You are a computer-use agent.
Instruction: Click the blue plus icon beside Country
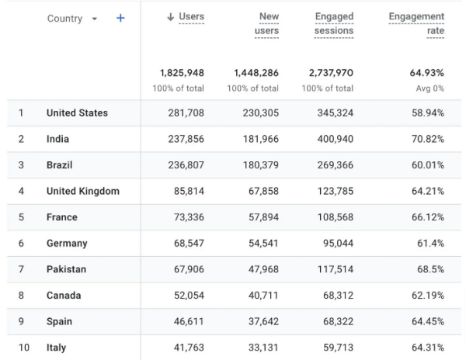(120, 18)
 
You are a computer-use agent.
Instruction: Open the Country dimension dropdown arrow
(96, 19)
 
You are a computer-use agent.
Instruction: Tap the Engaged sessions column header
(336, 23)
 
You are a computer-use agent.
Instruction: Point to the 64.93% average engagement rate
(426, 73)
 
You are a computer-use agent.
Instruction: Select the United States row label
(77, 113)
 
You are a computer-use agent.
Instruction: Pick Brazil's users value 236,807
(186, 165)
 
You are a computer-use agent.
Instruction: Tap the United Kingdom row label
(82, 192)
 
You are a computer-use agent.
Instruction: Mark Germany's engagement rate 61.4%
(429, 244)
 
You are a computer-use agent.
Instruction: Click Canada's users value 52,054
(186, 296)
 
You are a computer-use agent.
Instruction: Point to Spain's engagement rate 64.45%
(426, 321)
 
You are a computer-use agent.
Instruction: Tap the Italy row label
(56, 348)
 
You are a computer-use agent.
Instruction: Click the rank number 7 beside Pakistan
(21, 269)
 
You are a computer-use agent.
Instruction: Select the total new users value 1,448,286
(256, 73)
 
